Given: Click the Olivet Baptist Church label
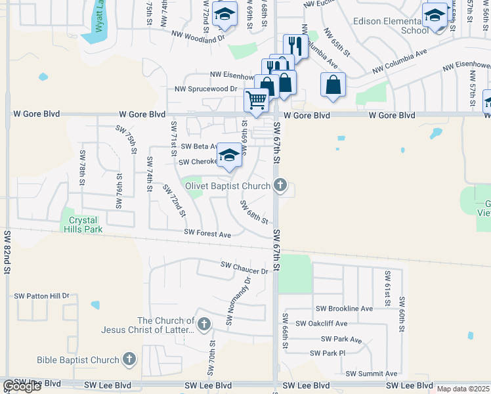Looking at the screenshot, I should click(228, 186).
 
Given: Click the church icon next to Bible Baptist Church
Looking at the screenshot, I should click(129, 359).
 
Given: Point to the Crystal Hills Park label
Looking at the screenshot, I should click(82, 225).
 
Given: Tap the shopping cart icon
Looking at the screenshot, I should click(256, 99).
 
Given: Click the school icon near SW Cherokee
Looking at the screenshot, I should click(229, 156).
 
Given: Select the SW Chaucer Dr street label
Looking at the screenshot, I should click(245, 267).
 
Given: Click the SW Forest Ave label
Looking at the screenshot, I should click(207, 234).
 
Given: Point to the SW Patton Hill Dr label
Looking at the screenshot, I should click(42, 296).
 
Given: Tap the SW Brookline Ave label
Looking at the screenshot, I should click(344, 309).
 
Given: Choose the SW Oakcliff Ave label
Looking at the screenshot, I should click(321, 324).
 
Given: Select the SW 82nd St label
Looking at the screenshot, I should click(8, 252).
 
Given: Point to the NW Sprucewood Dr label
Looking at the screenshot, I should click(205, 89).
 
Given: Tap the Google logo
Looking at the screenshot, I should click(22, 387).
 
